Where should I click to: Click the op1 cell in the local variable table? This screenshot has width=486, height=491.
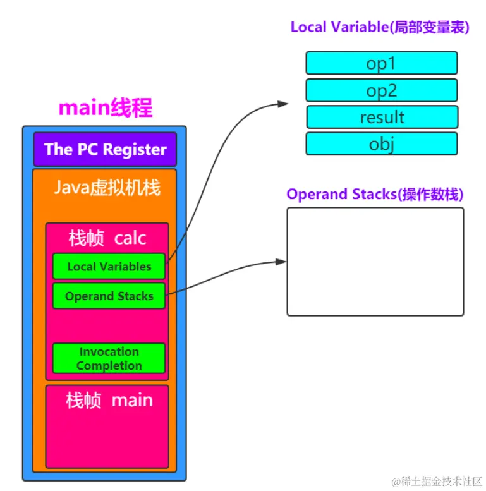(381, 63)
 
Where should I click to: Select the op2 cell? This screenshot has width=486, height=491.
(381, 90)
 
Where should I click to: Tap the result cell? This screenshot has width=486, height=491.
(382, 117)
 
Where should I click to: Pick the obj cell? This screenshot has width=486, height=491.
(381, 144)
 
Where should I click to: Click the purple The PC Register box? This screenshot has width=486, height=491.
(105, 149)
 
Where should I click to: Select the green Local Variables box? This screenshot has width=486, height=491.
(109, 266)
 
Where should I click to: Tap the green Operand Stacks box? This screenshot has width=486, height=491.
(109, 296)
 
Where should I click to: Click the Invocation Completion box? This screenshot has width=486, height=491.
(109, 358)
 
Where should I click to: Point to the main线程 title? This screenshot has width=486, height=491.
(105, 108)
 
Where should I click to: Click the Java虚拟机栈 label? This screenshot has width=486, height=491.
(107, 188)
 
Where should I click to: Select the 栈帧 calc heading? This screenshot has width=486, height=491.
(107, 238)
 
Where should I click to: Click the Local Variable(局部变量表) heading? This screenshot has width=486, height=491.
(379, 27)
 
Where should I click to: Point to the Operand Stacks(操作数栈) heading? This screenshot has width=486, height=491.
(375, 194)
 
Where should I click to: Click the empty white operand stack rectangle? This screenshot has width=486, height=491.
(375, 262)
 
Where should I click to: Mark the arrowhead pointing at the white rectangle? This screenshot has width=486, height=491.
(282, 262)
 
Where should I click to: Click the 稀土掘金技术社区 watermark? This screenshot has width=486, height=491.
(437, 482)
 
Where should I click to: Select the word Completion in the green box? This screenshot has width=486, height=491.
(109, 365)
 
